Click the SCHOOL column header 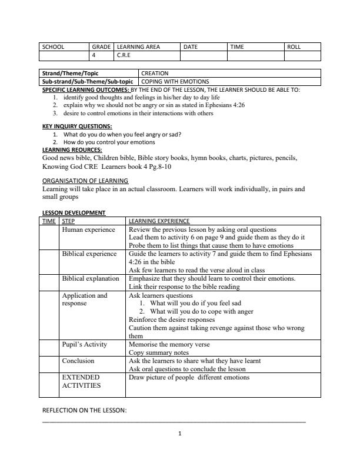coord(53,46)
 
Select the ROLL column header coord(294,46)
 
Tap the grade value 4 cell coord(94,56)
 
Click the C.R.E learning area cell coord(124,56)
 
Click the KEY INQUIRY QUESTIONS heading coord(77,127)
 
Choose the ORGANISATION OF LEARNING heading coord(85,180)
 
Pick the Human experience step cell coord(88,229)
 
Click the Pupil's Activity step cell coord(85,344)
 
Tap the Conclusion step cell coord(78,361)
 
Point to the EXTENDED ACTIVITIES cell coord(81,381)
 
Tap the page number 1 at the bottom coord(180,434)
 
